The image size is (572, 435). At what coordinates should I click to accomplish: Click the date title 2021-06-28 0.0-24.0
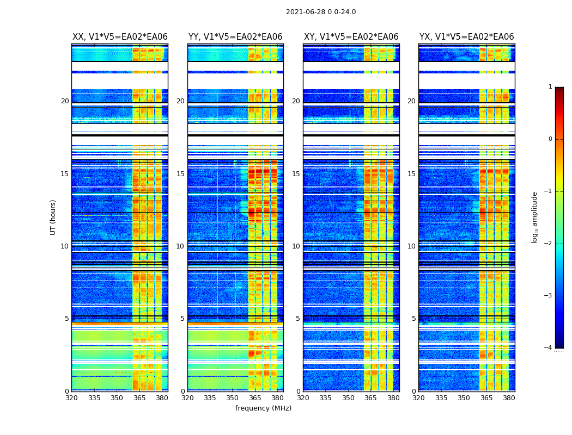click(321, 12)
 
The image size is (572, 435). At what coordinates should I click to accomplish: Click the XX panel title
click(120, 37)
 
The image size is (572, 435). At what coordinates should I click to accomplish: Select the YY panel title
click(235, 37)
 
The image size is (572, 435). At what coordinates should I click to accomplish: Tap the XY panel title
click(351, 37)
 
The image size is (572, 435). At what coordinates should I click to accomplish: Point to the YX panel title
click(466, 37)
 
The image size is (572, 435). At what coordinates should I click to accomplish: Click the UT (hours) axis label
click(53, 217)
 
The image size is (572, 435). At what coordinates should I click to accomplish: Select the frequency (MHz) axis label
click(263, 408)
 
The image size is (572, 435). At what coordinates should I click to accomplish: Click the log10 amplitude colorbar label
click(535, 217)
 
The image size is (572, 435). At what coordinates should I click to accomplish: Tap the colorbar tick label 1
click(550, 87)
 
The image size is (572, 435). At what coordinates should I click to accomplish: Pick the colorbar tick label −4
click(549, 348)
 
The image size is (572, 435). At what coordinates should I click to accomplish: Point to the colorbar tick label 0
click(550, 139)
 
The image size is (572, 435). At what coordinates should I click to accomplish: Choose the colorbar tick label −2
click(549, 244)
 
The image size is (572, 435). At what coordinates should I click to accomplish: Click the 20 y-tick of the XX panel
click(65, 101)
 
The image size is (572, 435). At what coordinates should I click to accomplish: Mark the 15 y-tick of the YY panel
click(180, 174)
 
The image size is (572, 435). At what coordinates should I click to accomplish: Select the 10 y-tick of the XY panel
click(296, 246)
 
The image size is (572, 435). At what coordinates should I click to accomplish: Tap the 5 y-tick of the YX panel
click(413, 319)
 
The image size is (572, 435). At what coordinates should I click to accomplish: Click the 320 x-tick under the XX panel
click(71, 398)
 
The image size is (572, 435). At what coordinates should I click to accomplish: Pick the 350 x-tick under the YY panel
click(232, 398)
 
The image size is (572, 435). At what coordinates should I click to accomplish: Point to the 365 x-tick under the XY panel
click(370, 398)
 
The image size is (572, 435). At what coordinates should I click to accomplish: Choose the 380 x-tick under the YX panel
click(509, 398)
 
